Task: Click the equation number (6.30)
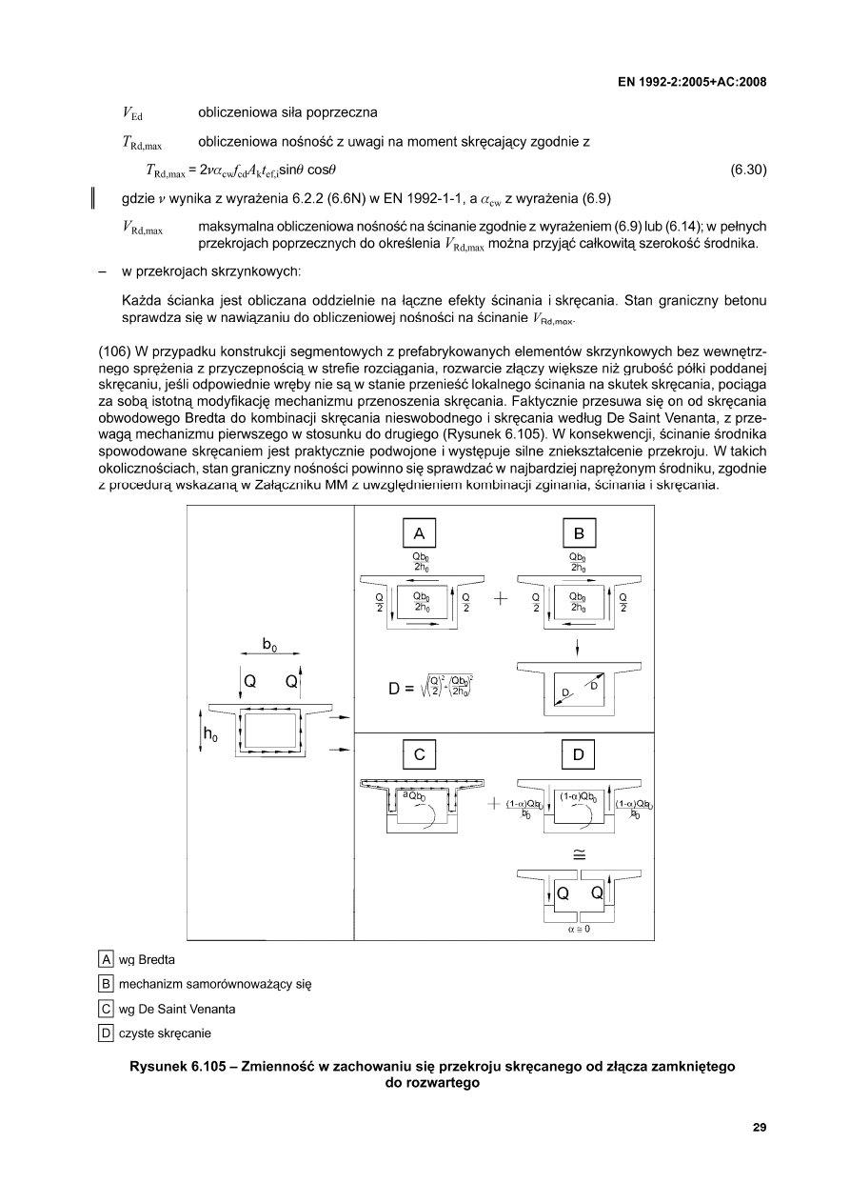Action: [x=748, y=170]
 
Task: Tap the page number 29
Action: [x=759, y=1128]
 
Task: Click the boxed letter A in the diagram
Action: [x=419, y=531]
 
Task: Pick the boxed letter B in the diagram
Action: [x=578, y=531]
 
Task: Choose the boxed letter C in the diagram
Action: [x=419, y=754]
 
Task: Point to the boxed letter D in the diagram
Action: [x=578, y=754]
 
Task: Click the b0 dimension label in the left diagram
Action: [x=269, y=646]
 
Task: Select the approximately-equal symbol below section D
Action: [x=578, y=853]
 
